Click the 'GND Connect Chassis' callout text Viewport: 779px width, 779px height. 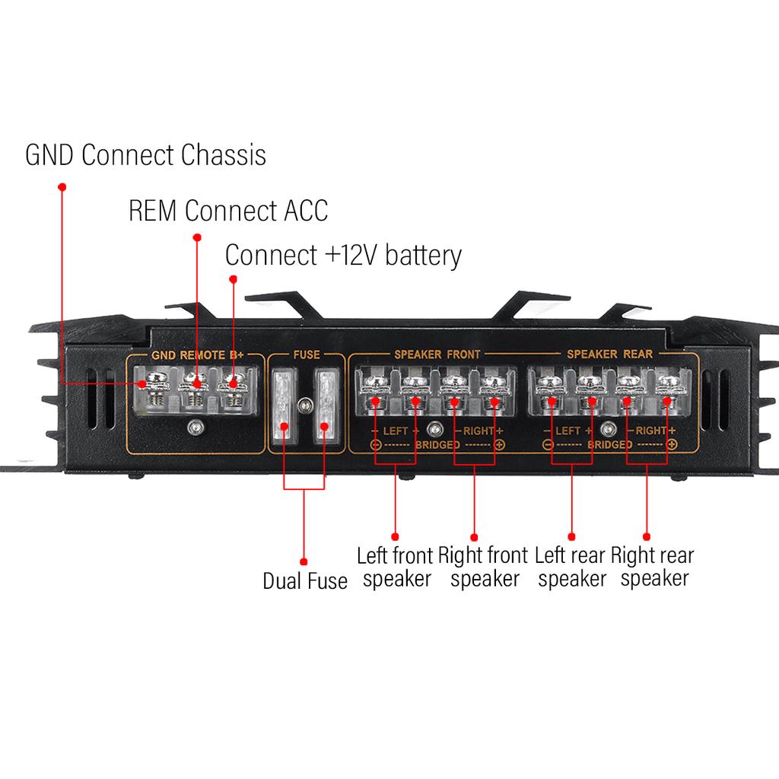tap(145, 154)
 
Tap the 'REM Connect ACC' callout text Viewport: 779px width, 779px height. tap(228, 210)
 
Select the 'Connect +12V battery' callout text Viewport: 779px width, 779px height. tap(343, 256)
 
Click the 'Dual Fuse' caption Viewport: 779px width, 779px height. tap(304, 581)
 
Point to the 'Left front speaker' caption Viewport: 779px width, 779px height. tap(396, 567)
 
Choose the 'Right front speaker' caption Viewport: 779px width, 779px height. tap(484, 567)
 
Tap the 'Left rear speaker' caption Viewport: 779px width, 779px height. tap(571, 567)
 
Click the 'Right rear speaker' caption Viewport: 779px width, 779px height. tap(653, 567)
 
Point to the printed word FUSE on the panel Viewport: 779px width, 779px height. tap(306, 355)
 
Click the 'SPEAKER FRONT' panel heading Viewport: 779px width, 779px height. tap(437, 355)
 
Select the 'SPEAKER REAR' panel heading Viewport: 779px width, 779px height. tap(610, 355)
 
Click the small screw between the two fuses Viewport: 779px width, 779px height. tap(304, 405)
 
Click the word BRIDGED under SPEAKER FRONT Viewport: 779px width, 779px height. tap(437, 444)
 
